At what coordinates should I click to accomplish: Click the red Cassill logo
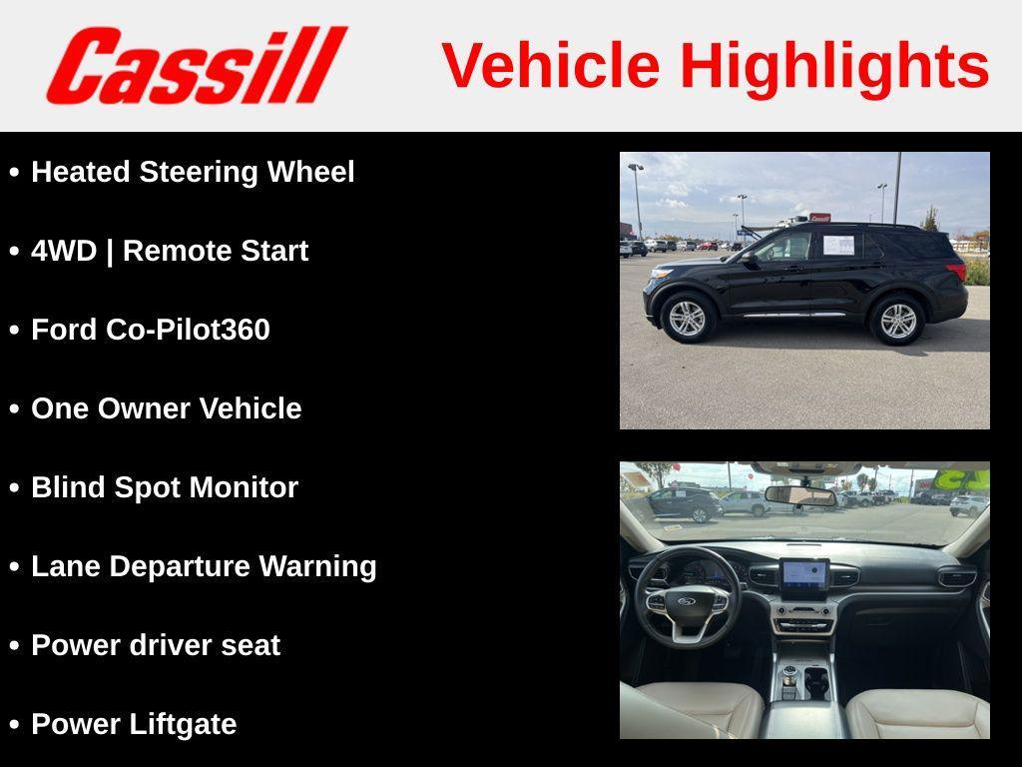196,66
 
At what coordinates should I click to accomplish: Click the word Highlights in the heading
834,66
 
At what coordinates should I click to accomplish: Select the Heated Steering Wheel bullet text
193,172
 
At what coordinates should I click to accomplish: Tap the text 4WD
64,251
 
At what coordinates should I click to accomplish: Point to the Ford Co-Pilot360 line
150,330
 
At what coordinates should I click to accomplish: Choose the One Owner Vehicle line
166,408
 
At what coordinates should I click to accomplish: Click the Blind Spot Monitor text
165,487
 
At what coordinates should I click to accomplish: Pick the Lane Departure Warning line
204,566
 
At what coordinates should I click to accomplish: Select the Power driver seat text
155,645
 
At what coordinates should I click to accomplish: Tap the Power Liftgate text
134,724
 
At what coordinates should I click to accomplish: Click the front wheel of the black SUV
687,318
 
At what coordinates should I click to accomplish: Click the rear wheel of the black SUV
897,320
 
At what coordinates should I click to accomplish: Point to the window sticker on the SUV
838,245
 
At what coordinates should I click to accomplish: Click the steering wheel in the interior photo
687,599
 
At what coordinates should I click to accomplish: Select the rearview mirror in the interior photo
799,495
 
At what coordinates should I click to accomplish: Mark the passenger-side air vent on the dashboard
956,577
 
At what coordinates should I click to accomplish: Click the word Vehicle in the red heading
550,66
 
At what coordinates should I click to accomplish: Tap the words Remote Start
216,251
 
